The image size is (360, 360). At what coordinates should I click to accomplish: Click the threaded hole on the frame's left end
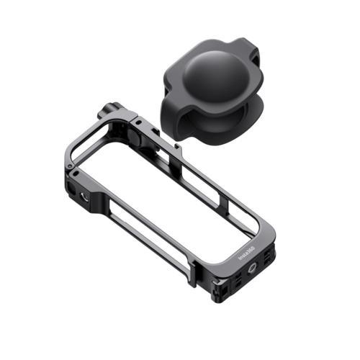pyautogui.click(x=77, y=192)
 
